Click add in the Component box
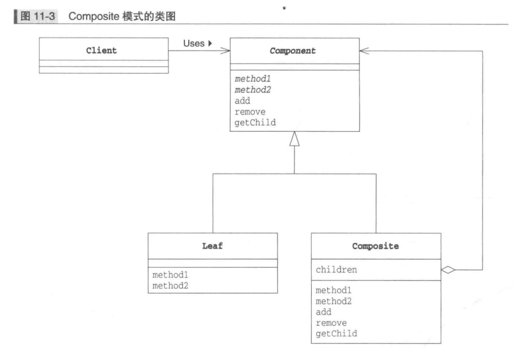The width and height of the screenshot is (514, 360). tap(242, 101)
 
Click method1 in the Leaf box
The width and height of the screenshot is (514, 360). tap(171, 275)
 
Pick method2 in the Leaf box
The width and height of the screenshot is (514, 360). tap(171, 286)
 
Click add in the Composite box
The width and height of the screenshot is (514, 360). tap(324, 311)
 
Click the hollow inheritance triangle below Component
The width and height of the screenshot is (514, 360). tap(294, 139)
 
